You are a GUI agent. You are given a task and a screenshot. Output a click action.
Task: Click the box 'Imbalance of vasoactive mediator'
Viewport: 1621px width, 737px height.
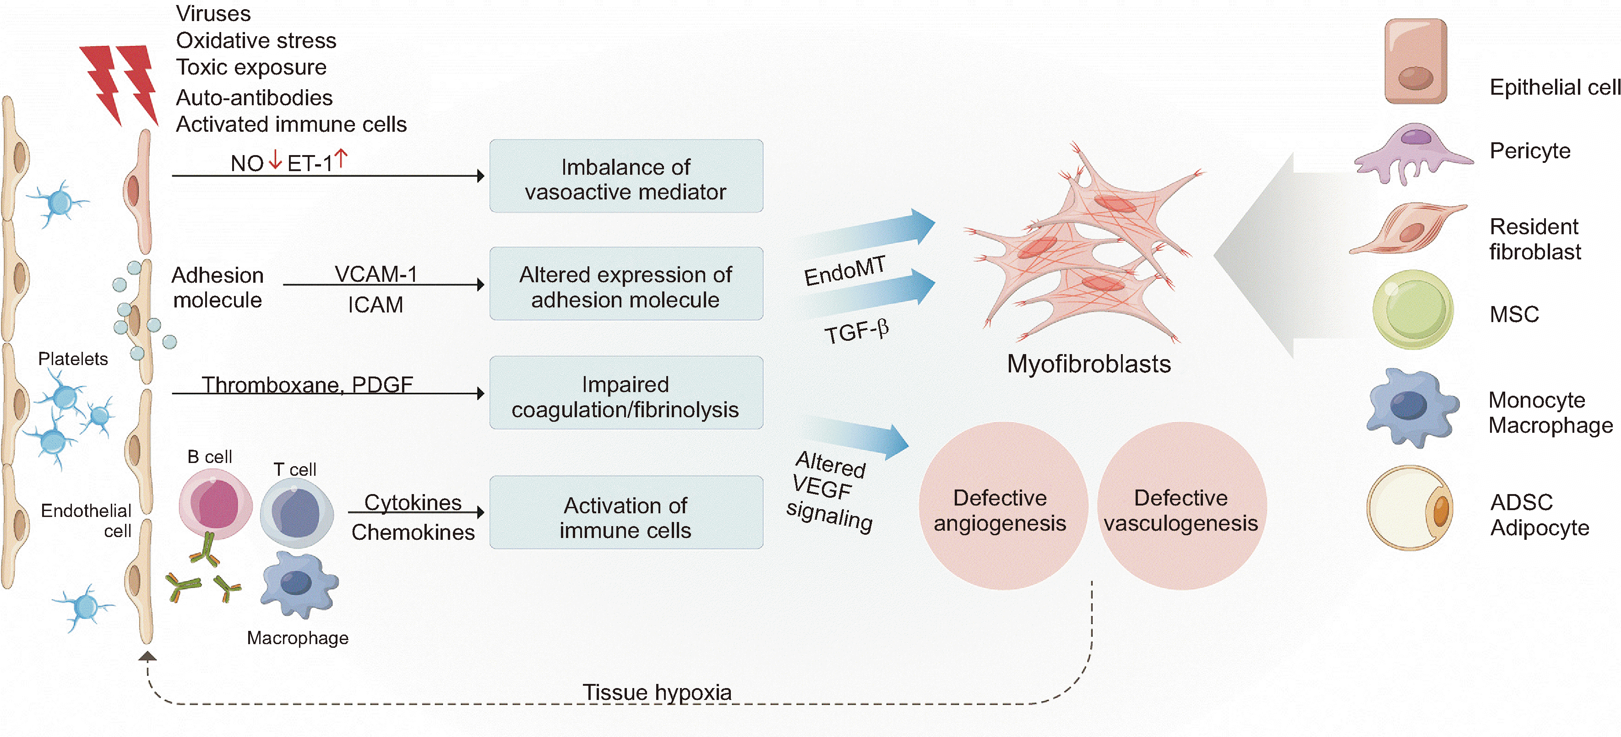(x=626, y=176)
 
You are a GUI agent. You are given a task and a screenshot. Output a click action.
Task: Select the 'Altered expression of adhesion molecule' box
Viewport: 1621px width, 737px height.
(x=626, y=284)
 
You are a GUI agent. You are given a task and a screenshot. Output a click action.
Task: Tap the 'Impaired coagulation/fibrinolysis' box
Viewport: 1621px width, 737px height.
(x=626, y=393)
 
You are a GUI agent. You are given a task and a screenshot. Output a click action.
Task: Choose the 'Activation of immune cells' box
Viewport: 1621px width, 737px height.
(x=626, y=512)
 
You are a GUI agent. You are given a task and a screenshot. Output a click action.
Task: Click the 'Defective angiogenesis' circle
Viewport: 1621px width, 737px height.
(x=1001, y=506)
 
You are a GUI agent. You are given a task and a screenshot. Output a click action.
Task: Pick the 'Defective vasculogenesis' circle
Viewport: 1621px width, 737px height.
(x=1181, y=506)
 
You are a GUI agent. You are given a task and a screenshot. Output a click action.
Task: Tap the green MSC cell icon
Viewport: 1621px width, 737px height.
(x=1413, y=309)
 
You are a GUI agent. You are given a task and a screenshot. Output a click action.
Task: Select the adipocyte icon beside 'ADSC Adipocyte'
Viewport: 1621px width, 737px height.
(x=1409, y=508)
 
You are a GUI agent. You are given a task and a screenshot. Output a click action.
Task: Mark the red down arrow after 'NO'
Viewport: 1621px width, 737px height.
(x=275, y=160)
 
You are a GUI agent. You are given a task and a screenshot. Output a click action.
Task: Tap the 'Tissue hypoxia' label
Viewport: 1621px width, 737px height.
(x=657, y=692)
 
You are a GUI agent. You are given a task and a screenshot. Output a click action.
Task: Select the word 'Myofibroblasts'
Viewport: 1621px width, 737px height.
(x=1088, y=364)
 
